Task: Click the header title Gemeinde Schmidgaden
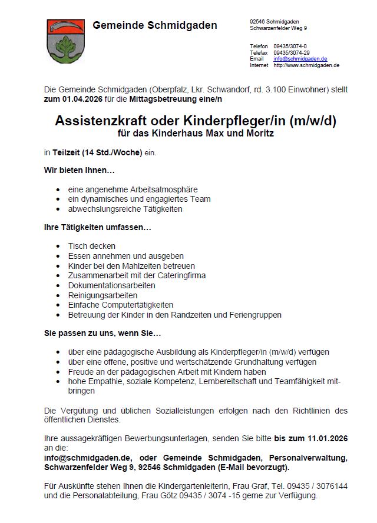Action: tap(154, 25)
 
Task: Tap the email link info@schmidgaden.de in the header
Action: tap(300, 59)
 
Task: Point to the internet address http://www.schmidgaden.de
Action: tap(306, 65)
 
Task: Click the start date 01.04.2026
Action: tap(80, 99)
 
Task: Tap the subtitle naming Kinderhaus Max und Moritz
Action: tap(196, 134)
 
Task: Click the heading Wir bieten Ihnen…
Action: tap(80, 170)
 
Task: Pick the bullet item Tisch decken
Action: tap(92, 245)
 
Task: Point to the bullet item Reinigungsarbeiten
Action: tap(102, 295)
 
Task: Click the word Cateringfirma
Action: tap(184, 275)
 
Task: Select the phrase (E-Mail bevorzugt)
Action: tap(259, 467)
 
